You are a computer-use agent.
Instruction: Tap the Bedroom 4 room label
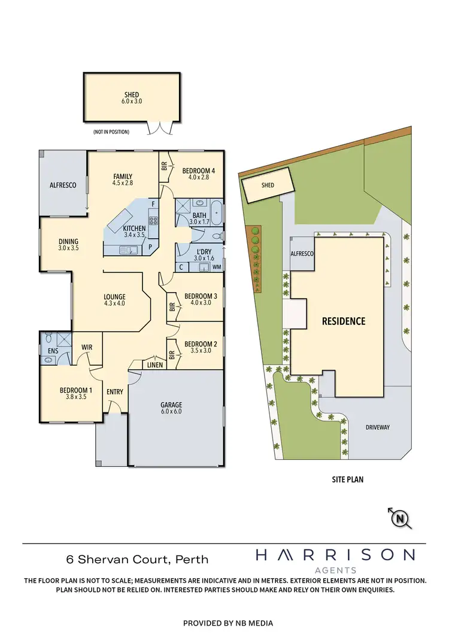[198, 171]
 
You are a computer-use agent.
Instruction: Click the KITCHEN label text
[134, 229]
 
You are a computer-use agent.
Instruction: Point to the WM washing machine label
[216, 266]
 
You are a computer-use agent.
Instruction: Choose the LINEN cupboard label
[153, 365]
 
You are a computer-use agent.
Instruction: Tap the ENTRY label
[115, 391]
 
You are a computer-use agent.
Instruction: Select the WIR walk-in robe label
[86, 347]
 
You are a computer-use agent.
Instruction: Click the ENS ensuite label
[53, 351]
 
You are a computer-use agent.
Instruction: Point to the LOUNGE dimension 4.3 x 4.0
[114, 305]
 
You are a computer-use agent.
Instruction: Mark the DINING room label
[69, 239]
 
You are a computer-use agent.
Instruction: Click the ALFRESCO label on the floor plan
[63, 186]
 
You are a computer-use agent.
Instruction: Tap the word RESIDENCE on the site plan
[343, 321]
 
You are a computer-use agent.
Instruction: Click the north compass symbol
[401, 518]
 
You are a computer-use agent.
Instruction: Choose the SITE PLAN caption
[348, 479]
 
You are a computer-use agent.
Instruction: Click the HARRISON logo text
[335, 555]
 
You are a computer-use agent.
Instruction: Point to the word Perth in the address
[192, 560]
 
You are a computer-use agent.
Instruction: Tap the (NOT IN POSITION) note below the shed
[111, 132]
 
